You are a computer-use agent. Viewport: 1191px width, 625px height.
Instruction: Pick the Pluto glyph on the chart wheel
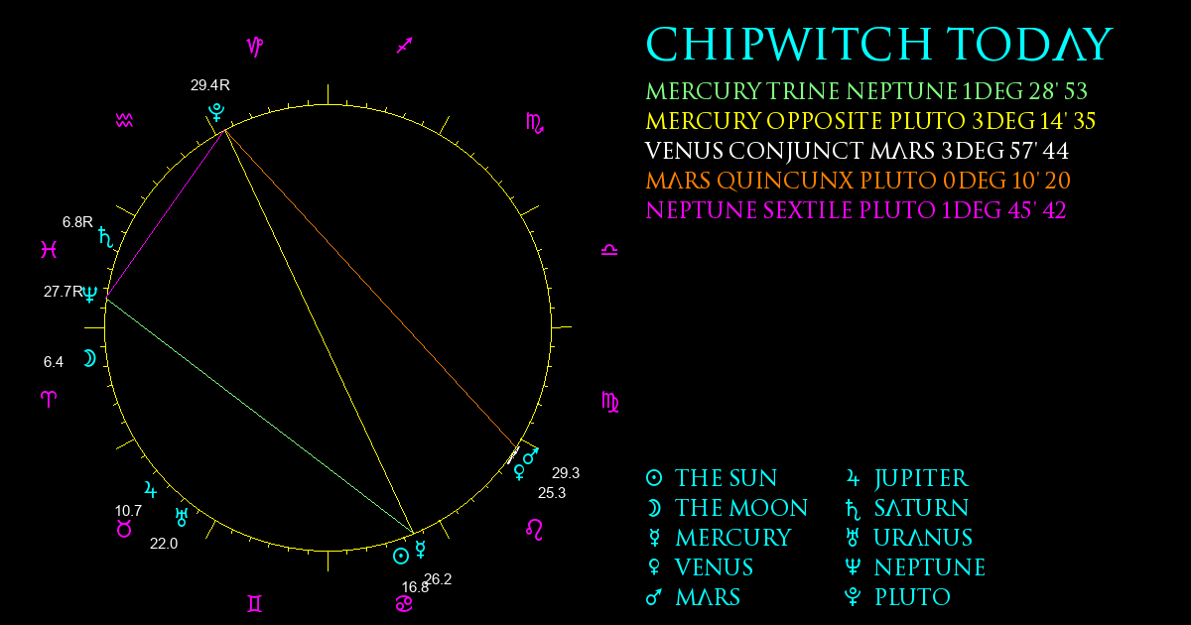coord(216,113)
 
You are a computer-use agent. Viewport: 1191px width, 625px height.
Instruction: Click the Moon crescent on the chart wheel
coord(89,359)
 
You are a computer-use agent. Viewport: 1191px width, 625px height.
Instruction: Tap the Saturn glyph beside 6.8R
coord(106,237)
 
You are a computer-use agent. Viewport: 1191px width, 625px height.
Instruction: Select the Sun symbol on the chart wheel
coord(401,557)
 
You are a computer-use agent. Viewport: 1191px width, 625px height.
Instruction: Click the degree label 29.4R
coord(210,85)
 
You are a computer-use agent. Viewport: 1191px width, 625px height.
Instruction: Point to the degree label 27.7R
coord(64,292)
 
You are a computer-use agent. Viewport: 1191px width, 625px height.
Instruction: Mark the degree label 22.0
coord(164,544)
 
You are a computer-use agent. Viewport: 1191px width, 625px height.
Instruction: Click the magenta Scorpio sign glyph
coord(535,123)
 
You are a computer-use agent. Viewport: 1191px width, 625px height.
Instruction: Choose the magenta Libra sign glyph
coord(609,250)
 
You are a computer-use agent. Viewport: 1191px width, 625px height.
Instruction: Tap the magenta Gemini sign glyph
coord(255,604)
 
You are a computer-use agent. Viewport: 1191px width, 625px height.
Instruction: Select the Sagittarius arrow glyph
coord(405,46)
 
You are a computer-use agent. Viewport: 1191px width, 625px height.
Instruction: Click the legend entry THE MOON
coord(727,508)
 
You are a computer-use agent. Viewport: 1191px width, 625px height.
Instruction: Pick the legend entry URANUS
coord(909,538)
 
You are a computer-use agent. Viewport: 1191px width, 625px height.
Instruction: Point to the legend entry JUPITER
coord(907,478)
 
